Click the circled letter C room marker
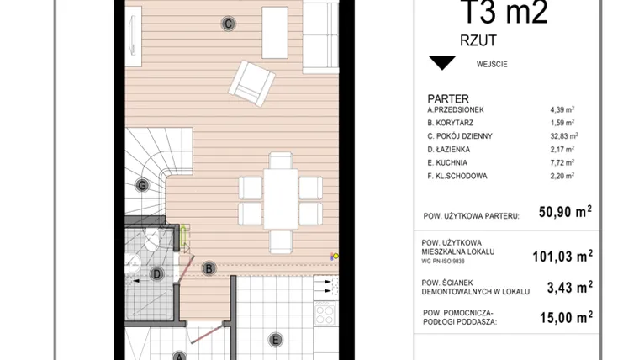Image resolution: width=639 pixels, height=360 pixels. [228, 24]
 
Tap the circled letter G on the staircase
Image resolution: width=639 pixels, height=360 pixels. [142, 186]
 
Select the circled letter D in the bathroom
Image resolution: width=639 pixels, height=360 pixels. [156, 273]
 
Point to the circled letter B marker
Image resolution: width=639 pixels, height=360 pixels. [209, 268]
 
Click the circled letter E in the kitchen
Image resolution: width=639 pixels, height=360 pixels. [276, 340]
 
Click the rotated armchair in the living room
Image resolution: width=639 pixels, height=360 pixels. [251, 83]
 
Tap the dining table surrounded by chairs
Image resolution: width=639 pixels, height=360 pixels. [280, 199]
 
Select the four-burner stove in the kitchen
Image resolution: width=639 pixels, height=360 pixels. [325, 313]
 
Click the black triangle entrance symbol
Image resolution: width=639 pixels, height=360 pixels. [442, 63]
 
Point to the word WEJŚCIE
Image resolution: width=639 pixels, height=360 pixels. [492, 64]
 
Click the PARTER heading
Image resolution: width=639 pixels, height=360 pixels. [448, 98]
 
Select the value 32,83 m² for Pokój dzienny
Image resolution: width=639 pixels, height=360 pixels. [564, 136]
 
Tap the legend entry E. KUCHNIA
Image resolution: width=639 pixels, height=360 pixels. [447, 162]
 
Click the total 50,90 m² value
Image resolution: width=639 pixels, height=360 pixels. [565, 212]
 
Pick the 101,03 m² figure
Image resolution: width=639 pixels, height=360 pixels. [562, 256]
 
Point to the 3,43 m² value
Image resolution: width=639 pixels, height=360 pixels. [570, 287]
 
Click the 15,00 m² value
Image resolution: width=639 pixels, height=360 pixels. [566, 317]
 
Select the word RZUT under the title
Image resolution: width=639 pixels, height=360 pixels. [478, 40]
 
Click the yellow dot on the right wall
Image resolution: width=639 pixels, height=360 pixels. [335, 256]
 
